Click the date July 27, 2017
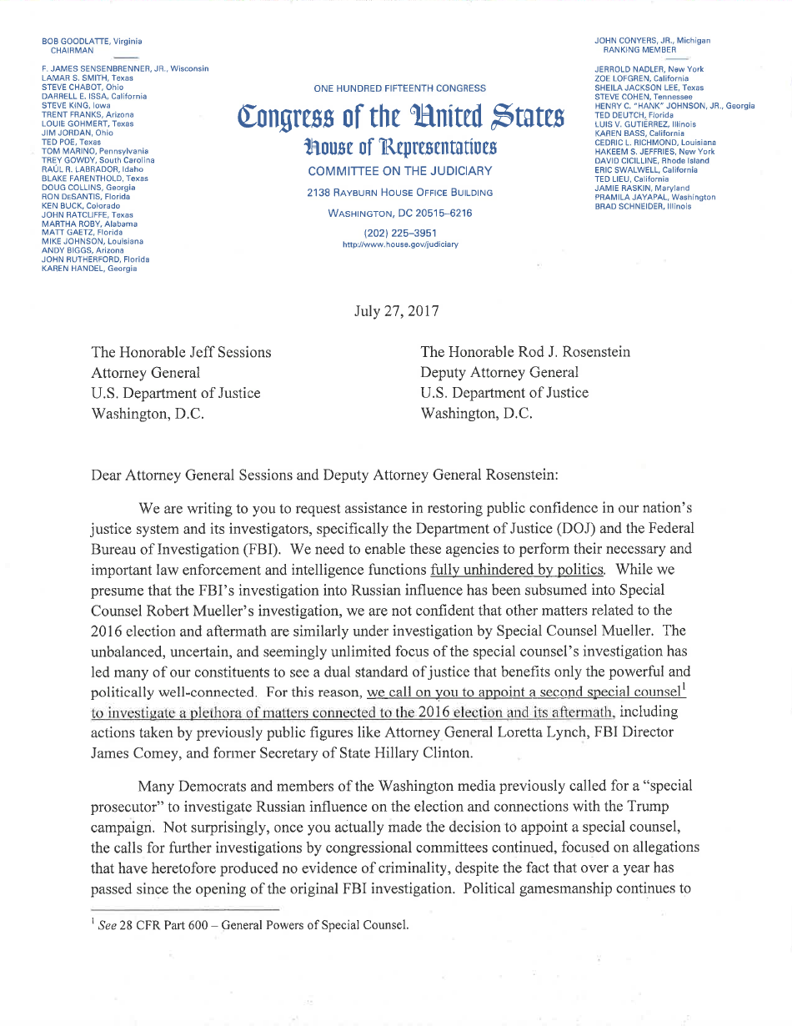[396, 311]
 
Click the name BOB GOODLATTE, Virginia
[92, 41]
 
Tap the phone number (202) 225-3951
[399, 233]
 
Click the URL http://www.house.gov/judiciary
[399, 244]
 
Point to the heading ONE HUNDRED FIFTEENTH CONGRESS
[399, 88]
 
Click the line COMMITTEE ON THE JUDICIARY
[399, 171]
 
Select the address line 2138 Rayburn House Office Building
[399, 193]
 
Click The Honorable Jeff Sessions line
[181, 352]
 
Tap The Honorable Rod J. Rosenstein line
[525, 352]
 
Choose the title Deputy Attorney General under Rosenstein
[499, 373]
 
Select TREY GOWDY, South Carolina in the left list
[98, 159]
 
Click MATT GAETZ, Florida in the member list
[82, 233]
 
